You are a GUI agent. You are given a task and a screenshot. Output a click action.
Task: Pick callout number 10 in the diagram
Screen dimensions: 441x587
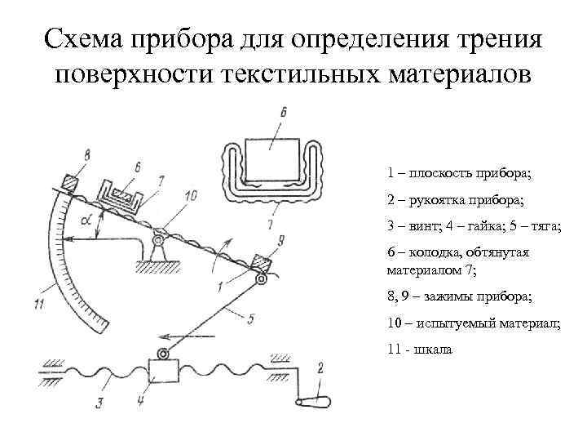[191, 196]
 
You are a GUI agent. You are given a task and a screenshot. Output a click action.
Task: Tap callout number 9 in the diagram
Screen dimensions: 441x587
[280, 240]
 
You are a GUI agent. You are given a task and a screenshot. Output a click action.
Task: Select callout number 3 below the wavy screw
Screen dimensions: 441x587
[99, 403]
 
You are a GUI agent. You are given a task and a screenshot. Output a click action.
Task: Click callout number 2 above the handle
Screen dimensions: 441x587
[320, 368]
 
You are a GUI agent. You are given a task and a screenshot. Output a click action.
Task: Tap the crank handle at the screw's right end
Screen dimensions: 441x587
[316, 401]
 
